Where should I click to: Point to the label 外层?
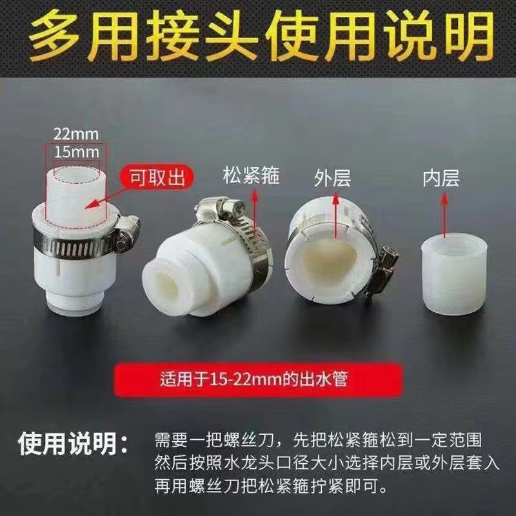(x=333, y=178)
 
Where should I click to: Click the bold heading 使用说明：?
(x=73, y=444)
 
